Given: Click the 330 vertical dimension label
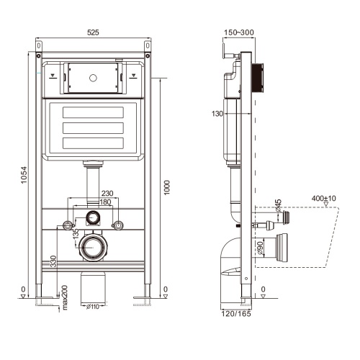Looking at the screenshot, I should coord(53,261).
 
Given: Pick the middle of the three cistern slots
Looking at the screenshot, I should coord(93,128).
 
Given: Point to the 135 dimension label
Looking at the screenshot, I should coord(76,233).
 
